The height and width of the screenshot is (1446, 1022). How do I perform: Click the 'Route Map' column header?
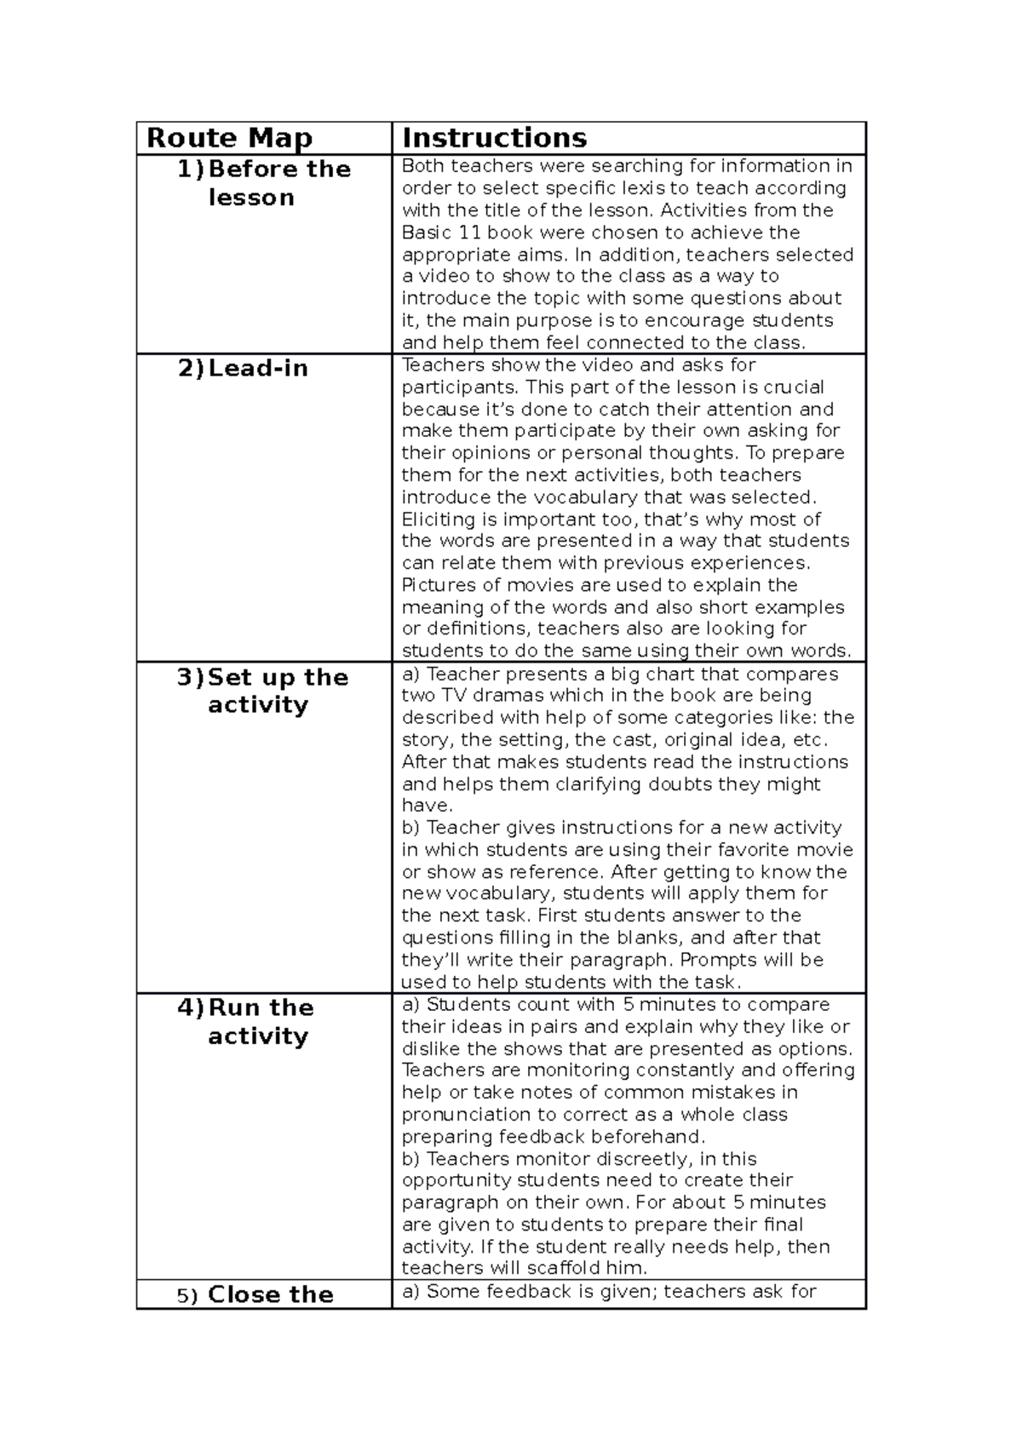tap(230, 138)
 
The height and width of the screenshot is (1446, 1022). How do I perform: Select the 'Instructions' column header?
tap(494, 138)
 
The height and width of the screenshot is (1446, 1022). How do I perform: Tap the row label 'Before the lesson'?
tap(264, 183)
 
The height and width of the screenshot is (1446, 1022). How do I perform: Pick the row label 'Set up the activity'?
tap(264, 691)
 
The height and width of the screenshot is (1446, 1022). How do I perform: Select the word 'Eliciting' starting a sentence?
tap(439, 519)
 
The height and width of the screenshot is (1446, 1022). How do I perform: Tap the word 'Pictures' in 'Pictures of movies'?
tap(437, 585)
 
